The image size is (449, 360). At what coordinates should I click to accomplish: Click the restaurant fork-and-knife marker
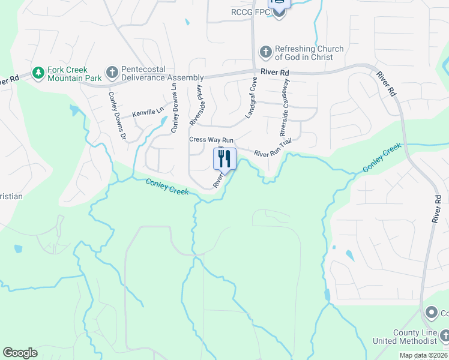pos(224,159)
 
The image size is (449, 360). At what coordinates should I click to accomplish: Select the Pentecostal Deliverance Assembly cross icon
pos(112,73)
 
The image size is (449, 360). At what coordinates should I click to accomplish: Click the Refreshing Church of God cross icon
pos(265,53)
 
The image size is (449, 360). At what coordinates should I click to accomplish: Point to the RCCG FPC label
pos(251,13)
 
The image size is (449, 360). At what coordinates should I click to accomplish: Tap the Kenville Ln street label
pos(148,112)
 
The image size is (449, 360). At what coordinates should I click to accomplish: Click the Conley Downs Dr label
pos(117,115)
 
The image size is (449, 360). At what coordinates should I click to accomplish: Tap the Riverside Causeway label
pos(285,107)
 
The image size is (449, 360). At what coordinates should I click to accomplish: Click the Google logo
pos(20,353)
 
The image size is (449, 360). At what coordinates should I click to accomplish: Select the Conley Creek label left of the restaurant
pos(167,187)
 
